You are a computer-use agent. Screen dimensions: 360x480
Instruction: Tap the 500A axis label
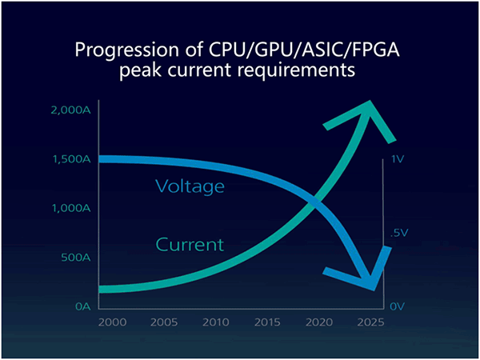77,258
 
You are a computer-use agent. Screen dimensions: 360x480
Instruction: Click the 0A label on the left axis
82,306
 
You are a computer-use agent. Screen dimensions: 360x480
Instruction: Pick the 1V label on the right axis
399,159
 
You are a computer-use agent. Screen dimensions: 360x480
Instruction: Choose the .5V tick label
399,233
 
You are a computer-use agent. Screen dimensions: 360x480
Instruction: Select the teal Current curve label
190,243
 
